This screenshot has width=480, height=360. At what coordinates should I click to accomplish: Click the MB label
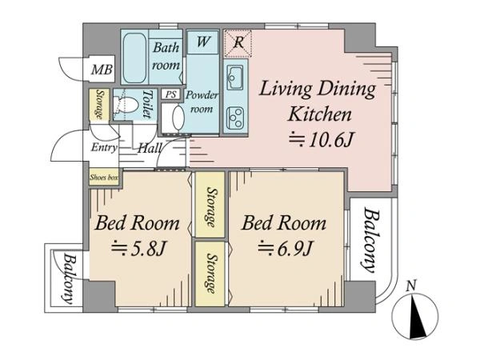click(102, 70)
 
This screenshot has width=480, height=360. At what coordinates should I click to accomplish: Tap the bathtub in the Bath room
click(134, 58)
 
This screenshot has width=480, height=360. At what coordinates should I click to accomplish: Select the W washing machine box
click(202, 42)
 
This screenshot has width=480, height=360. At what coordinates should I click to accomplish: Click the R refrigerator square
click(238, 43)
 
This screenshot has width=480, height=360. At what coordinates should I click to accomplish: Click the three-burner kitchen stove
click(235, 118)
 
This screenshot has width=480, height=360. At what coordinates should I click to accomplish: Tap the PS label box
click(171, 94)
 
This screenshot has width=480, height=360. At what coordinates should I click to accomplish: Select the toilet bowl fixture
click(126, 106)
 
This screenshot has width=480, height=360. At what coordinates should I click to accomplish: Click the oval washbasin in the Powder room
click(178, 118)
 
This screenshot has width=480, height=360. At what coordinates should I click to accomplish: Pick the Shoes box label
click(104, 177)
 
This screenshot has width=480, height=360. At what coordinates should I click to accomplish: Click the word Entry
click(104, 147)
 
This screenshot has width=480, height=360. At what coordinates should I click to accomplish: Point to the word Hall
click(150, 148)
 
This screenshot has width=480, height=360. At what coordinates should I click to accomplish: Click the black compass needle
click(417, 317)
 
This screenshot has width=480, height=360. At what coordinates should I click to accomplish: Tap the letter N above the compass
click(411, 286)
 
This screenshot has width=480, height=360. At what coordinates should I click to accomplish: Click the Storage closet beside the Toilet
click(99, 104)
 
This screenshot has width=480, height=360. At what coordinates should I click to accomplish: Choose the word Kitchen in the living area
click(319, 114)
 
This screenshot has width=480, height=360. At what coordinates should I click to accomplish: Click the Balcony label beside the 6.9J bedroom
click(371, 240)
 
